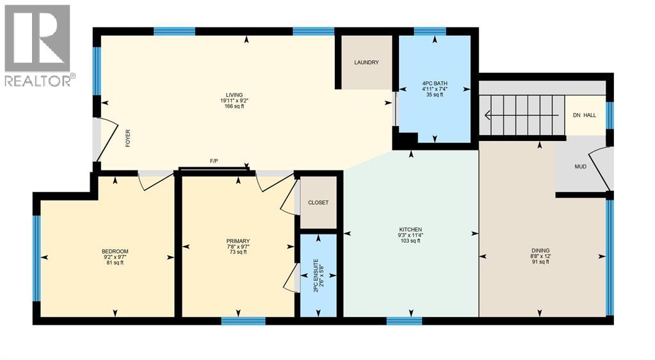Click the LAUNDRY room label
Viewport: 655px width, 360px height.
pos(367,63)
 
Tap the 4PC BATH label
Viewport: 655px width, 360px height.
pos(435,83)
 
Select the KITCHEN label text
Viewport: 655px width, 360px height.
pos(410,229)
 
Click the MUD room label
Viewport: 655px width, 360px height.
pos(580,167)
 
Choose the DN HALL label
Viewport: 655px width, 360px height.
pos(585,115)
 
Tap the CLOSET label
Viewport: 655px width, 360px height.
pos(318,202)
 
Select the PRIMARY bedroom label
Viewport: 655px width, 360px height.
pos(237,241)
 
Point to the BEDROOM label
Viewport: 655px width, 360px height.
pos(115,250)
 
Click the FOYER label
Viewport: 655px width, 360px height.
pos(128,138)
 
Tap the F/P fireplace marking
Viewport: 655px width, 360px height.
pos(214,160)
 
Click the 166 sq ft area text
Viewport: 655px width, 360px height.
pos(234,106)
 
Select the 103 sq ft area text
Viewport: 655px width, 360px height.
pos(410,241)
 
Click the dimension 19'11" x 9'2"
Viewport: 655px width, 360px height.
pos(234,101)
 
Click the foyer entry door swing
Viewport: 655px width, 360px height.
pos(106,140)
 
